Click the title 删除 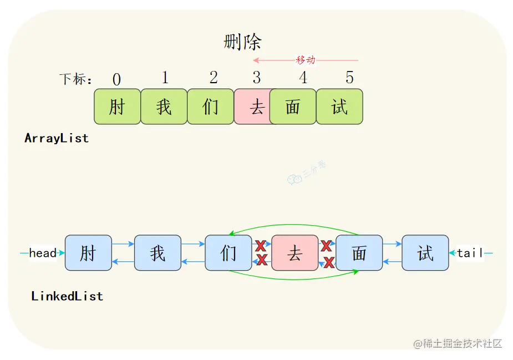coord(242,42)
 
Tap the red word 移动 coord(306,60)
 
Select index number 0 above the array coord(116,79)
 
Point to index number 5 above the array coord(349,78)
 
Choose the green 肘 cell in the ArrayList coord(117,107)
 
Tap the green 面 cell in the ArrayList coord(293,107)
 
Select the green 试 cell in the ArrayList coord(339,107)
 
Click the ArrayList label coord(57,139)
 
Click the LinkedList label coord(67,296)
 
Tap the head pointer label coord(43,253)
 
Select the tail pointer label coord(470,253)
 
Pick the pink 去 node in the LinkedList coord(294,253)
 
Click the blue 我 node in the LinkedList coord(158,253)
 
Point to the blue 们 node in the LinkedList coord(228,253)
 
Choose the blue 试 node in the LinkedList coord(425,253)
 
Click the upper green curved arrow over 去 coord(294,225)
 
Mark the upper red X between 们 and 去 coord(260,246)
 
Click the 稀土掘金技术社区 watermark coord(458,344)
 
